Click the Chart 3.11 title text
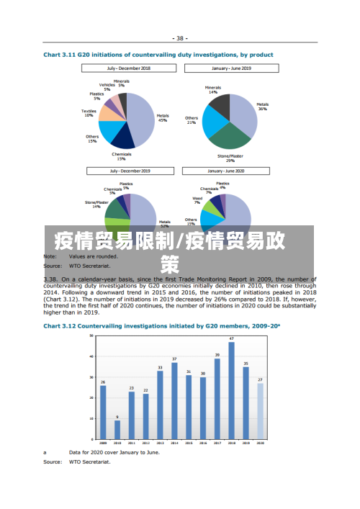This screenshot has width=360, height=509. coord(158,54)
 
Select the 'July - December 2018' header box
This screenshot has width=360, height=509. coord(130,68)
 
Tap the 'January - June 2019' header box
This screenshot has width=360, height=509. coord(231,68)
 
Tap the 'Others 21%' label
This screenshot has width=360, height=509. coord(191,120)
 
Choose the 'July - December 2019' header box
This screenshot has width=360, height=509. coord(130,171)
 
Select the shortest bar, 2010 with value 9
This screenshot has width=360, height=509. coord(117,430)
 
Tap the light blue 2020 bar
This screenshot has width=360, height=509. coord(260,411)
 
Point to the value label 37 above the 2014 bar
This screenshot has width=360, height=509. coord(174,359)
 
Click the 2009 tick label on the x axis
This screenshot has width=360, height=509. coord(103,443)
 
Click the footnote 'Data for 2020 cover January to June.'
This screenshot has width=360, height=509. coord(114,453)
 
